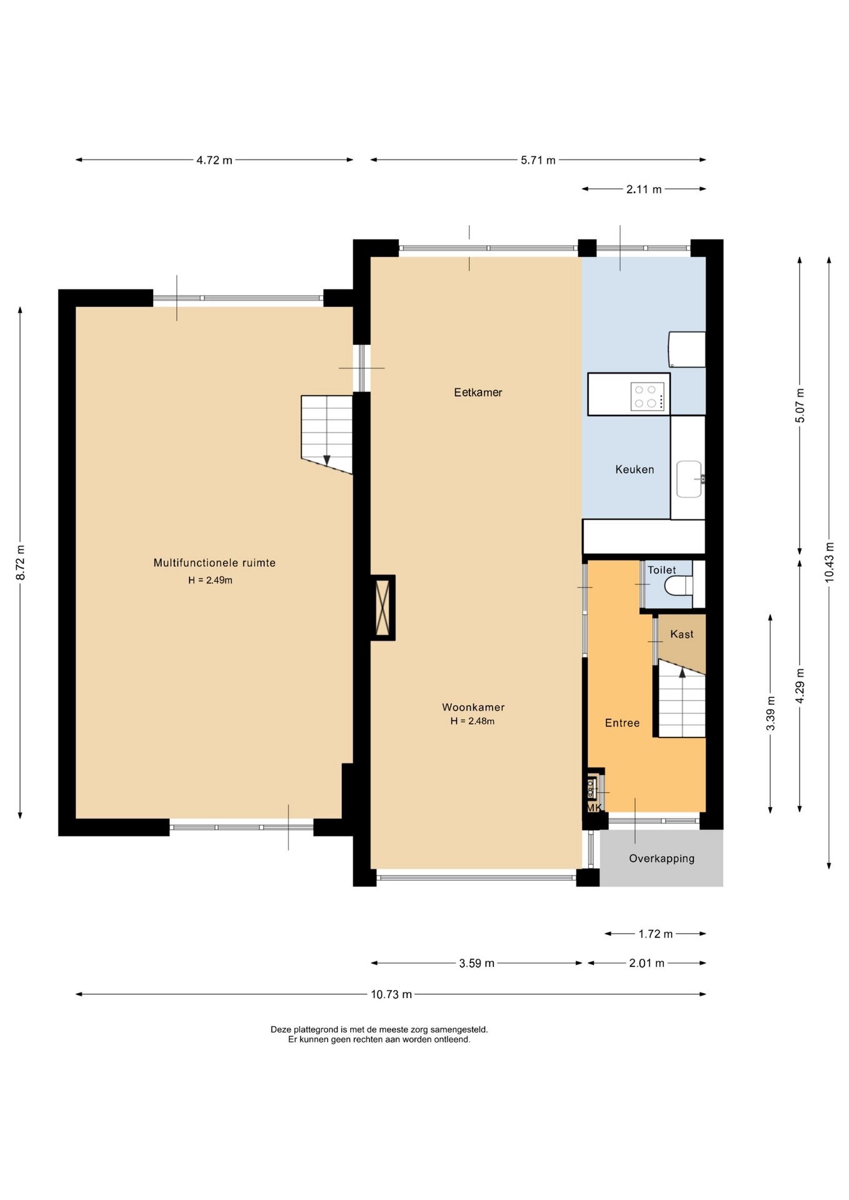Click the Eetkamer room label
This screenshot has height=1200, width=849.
pos(478,392)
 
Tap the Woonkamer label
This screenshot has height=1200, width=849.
pos(473,707)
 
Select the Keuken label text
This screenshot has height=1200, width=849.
pos(635,469)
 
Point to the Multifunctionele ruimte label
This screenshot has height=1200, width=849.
pos(214,562)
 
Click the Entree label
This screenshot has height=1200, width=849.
pos(622,723)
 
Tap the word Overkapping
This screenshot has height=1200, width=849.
pos(661,859)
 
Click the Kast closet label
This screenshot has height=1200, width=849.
pos(681,634)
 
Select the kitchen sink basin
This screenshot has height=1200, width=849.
pos(689,479)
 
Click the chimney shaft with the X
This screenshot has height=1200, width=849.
pos(383,607)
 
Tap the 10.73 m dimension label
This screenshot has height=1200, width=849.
pos(391,994)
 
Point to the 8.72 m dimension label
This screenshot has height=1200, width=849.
pos(21,562)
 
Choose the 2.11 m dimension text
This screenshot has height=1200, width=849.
pos(644,189)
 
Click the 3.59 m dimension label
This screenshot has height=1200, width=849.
pos(476,964)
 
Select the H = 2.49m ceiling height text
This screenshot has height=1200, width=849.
pos(210,581)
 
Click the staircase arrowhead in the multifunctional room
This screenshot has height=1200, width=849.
pos(326,460)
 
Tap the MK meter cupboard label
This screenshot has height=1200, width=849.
pos(594,807)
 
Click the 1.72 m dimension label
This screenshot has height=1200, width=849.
pos(655,934)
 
